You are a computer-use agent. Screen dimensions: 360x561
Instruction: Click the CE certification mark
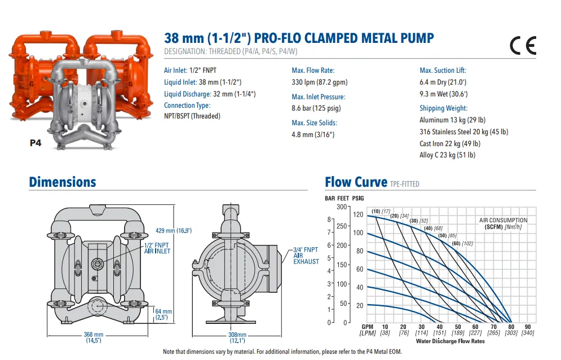tap(523, 45)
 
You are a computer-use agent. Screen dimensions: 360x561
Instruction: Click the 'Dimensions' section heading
tap(63, 182)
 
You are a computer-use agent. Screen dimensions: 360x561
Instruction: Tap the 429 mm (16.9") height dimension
tap(174, 231)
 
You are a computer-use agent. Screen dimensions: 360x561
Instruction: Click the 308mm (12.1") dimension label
tap(237, 337)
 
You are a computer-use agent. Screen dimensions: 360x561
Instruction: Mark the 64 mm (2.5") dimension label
tap(164, 314)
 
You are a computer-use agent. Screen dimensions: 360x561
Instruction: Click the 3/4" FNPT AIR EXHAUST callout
tap(306, 256)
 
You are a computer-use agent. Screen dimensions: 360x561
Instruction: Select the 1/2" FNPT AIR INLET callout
tap(157, 248)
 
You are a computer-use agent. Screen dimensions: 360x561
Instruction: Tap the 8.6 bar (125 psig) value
tap(316, 108)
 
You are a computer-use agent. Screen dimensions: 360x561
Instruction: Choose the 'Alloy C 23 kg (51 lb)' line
tap(447, 155)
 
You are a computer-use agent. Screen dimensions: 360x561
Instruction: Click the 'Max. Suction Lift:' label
tap(443, 71)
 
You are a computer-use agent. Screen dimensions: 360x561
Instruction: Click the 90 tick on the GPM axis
tap(527, 327)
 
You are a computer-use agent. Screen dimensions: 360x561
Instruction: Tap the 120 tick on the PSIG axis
tap(358, 215)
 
